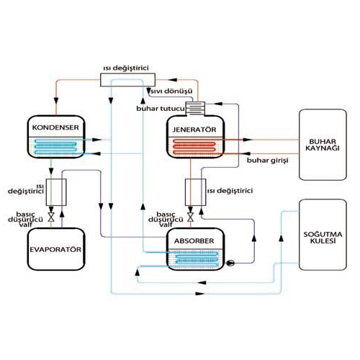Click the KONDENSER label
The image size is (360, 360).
[x=50, y=127]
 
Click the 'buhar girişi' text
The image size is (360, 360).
[x=268, y=161]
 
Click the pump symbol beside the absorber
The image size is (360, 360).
[x=230, y=263]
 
